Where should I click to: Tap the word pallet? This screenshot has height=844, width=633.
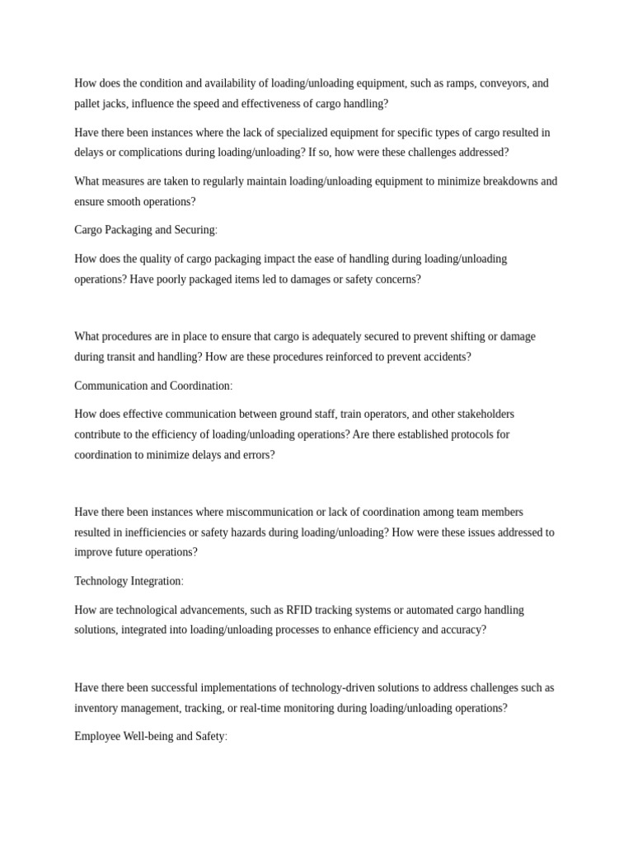[x=88, y=104]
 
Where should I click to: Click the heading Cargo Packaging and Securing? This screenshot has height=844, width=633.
[x=145, y=230]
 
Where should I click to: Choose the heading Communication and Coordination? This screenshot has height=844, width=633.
[x=152, y=386]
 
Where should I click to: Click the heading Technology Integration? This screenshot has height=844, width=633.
[x=128, y=581]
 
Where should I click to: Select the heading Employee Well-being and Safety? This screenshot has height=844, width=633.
[x=149, y=736]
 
